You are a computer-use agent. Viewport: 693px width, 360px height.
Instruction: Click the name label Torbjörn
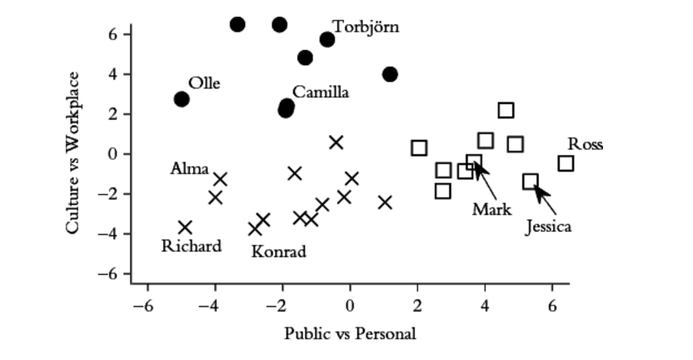366,27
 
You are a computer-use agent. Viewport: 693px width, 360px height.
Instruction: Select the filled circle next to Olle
182,99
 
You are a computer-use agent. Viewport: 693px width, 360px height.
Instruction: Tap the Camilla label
321,92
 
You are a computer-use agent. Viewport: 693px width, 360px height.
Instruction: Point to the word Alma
190,169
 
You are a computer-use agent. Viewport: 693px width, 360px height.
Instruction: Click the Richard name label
192,246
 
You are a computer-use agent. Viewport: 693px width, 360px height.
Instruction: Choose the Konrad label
279,252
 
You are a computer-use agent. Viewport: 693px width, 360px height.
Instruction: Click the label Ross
586,144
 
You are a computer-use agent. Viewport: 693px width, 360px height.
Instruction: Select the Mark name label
491,209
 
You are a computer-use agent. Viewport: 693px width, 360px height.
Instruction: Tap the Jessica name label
549,226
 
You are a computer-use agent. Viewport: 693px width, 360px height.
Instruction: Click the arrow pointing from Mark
481,180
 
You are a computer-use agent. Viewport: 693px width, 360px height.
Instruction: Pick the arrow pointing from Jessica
542,197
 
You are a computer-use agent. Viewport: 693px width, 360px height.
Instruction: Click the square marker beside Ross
566,163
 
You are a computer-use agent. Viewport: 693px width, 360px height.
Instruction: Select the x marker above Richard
185,227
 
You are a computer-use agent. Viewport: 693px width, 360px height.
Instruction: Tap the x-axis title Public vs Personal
350,334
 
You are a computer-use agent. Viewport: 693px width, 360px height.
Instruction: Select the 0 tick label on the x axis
349,306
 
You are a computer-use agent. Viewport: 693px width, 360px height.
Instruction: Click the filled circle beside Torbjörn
327,40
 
